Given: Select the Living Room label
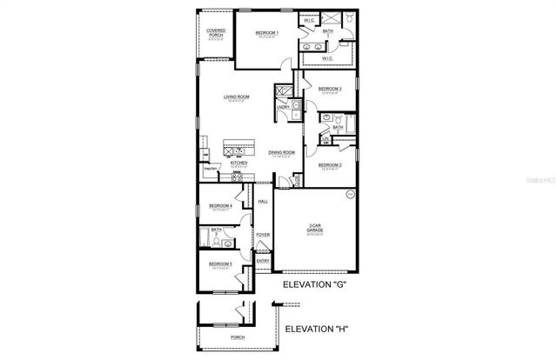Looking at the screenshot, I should [237, 97].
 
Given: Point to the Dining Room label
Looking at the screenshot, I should [281, 152].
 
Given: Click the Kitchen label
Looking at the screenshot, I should [239, 163].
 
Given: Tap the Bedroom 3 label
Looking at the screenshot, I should [329, 90].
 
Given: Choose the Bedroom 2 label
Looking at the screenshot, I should [329, 165].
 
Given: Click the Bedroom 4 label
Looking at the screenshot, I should [219, 206].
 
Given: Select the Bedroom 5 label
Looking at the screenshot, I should [219, 263].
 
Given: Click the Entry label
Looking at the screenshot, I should [262, 260].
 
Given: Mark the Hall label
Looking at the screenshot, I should [262, 202].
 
